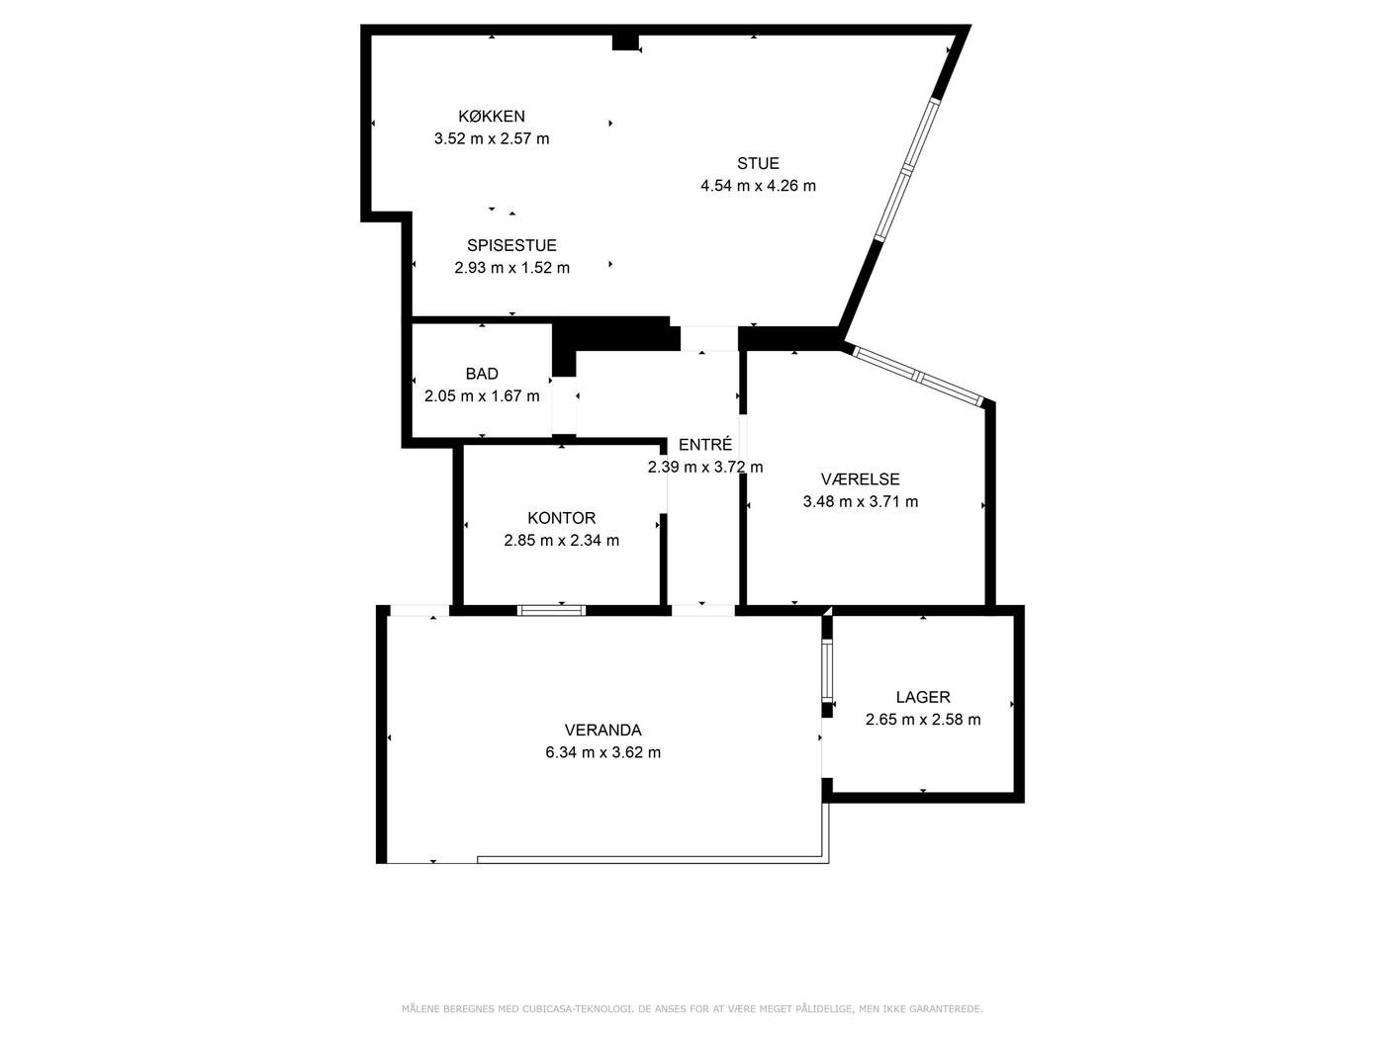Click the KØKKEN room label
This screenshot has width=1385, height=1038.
point(492,116)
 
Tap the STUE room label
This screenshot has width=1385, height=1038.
point(758,163)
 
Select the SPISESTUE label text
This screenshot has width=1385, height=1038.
point(511,245)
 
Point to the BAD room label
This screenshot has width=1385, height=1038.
point(482,374)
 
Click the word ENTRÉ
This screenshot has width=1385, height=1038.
point(705,444)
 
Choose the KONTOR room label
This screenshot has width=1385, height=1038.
point(562,518)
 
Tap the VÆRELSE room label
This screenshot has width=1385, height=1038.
point(860,479)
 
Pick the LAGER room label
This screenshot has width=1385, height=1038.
point(923,697)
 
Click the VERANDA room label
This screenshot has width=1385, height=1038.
point(603,730)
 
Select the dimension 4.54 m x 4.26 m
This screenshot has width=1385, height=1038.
point(758,186)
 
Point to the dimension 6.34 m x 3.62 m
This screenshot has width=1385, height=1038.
point(603,752)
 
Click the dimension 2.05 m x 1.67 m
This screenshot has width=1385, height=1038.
point(482,396)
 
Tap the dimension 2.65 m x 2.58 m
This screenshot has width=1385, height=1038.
point(923,720)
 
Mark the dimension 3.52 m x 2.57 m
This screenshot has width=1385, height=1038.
point(492,138)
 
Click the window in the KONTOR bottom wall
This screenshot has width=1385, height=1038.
point(551,610)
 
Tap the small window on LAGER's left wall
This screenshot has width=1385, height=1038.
point(827,670)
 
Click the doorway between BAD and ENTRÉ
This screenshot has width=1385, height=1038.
point(564,406)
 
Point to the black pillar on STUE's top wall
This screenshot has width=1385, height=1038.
point(626,43)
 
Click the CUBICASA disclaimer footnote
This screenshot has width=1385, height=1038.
point(692,1009)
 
